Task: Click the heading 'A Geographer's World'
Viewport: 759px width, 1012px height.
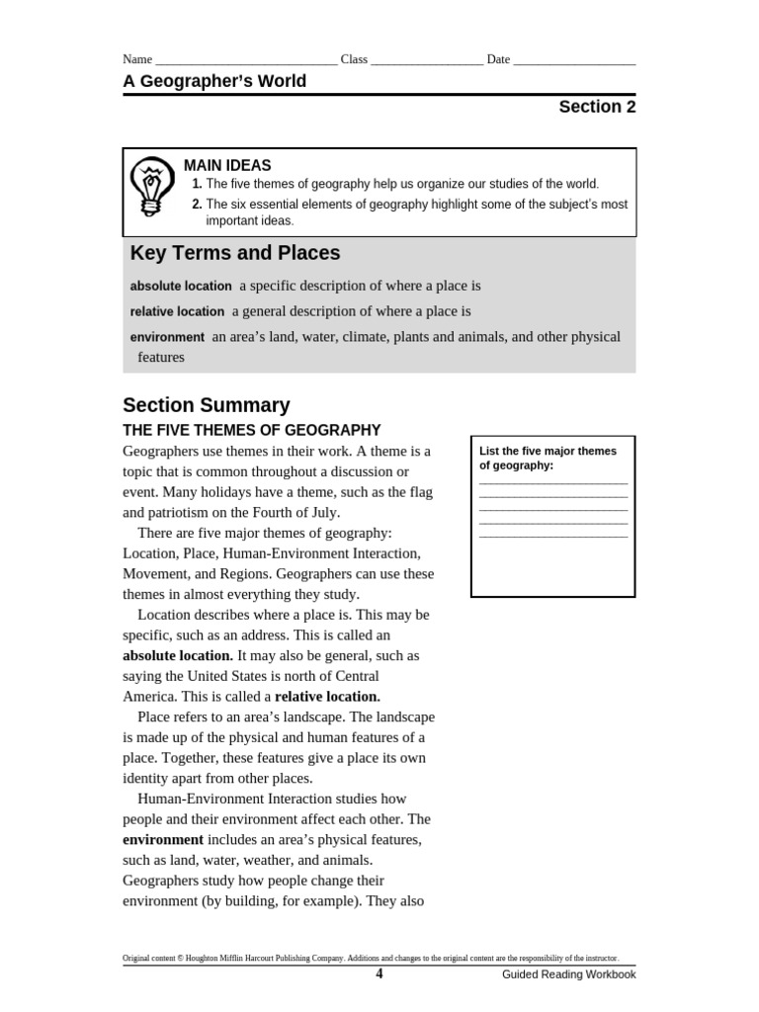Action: [x=214, y=81]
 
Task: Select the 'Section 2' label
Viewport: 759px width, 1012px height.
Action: [x=597, y=108]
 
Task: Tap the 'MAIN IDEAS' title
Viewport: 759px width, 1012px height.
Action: [x=227, y=165]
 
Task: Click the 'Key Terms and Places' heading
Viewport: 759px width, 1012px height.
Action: [x=235, y=253]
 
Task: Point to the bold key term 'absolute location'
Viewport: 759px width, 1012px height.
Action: [x=181, y=286]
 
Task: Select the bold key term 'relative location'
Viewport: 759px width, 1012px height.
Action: [x=177, y=311]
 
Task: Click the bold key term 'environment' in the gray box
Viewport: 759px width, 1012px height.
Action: [x=167, y=337]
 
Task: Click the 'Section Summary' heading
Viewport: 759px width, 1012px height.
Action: [x=207, y=405]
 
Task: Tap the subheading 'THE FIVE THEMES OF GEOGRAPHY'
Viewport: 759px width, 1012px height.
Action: [x=251, y=430]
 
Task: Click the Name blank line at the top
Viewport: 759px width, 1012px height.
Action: [x=246, y=60]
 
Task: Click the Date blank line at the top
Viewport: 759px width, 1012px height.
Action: [x=574, y=60]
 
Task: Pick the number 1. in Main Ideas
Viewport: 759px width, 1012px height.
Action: [x=197, y=184]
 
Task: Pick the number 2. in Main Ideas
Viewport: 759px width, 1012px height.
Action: [x=197, y=205]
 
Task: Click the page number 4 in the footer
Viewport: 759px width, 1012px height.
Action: [x=379, y=973]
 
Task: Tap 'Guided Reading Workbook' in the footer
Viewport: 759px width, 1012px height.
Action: [x=568, y=974]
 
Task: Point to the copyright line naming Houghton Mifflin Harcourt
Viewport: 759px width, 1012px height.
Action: [x=370, y=958]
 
